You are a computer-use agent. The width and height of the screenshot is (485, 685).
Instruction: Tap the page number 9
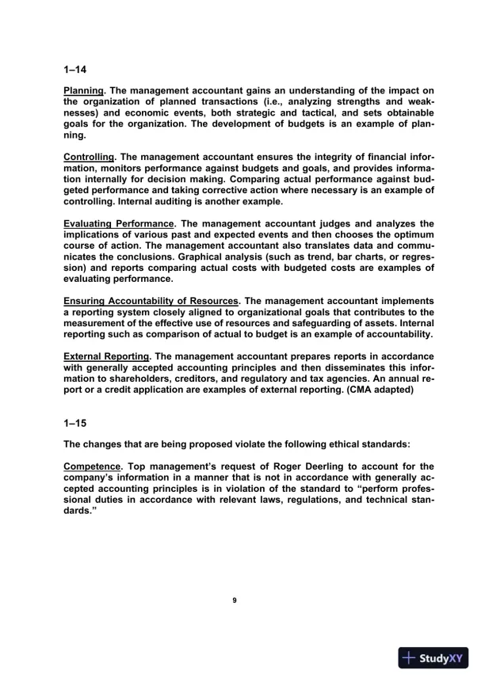[x=234, y=600]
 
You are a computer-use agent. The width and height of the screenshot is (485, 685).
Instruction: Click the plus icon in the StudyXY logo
[x=409, y=657]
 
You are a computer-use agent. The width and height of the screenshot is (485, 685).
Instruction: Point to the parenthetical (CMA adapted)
[x=372, y=387]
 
